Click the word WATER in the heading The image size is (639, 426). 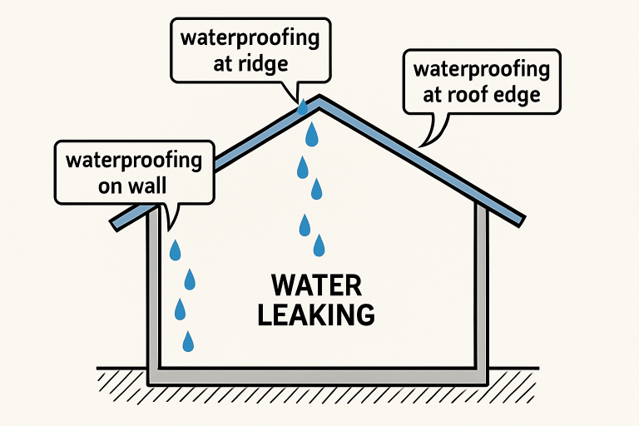point(317,286)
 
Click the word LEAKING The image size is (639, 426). point(316,315)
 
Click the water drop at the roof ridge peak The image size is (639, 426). point(302,106)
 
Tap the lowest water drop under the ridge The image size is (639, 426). point(319,245)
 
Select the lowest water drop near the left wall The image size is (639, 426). point(188,340)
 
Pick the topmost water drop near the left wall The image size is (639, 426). point(176,249)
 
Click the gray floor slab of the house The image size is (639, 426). point(316,377)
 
